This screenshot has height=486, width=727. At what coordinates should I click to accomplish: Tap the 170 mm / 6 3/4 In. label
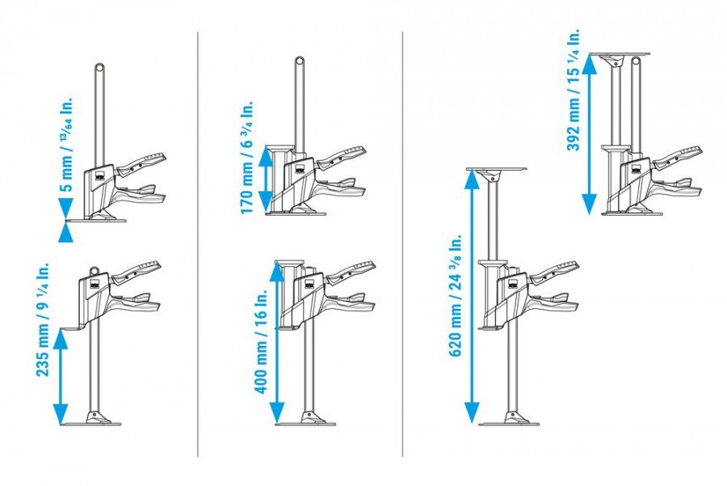pyautogui.click(x=248, y=157)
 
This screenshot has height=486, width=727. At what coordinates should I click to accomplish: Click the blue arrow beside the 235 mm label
pyautogui.click(x=61, y=375)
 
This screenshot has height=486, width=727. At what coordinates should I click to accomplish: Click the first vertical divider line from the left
pyautogui.click(x=198, y=243)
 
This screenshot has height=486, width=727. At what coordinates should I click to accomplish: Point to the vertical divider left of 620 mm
pyautogui.click(x=403, y=243)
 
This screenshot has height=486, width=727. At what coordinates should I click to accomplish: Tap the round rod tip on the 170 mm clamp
pyautogui.click(x=299, y=61)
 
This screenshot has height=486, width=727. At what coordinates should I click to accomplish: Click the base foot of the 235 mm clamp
pyautogui.click(x=96, y=420)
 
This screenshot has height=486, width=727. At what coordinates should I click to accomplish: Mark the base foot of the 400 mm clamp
pyautogui.click(x=307, y=420)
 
